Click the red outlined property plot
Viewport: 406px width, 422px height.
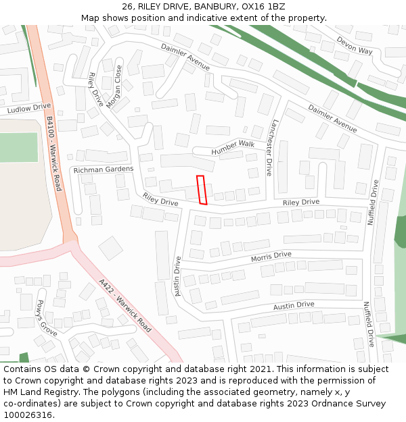(201, 190)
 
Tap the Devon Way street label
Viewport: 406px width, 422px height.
(355, 46)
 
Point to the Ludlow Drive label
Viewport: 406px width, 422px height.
(29, 107)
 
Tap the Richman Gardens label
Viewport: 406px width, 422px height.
(104, 169)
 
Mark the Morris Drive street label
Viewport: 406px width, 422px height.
(271, 257)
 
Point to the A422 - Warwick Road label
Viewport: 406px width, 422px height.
(125, 305)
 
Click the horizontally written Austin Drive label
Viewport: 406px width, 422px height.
(294, 306)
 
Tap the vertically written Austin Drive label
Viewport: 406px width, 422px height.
(177, 275)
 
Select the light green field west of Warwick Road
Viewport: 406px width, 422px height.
(18, 147)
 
